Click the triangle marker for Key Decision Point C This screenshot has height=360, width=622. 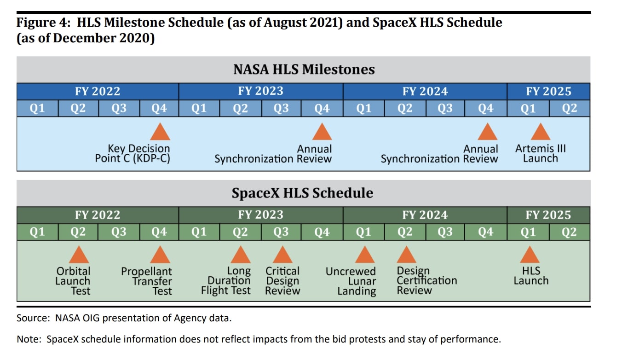[x=160, y=133]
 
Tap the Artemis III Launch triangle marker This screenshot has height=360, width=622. [x=540, y=133]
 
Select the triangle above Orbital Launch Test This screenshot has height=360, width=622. [x=79, y=255]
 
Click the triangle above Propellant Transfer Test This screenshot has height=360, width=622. [x=160, y=255]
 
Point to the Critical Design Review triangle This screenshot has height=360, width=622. [x=282, y=255]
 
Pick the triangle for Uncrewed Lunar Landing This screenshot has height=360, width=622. [x=365, y=255]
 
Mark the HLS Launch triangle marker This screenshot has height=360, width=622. [x=530, y=255]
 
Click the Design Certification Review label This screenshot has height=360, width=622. [x=426, y=281]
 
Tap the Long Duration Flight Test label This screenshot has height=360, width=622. [x=226, y=281]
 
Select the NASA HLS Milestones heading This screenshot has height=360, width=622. [x=304, y=70]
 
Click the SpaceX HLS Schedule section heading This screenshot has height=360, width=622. [x=302, y=193]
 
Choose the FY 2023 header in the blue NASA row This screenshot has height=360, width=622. [x=260, y=91]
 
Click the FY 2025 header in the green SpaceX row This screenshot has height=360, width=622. [x=548, y=215]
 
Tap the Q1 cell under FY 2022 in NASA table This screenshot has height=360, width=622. [x=37, y=109]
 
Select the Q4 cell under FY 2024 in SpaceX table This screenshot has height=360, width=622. [x=485, y=232]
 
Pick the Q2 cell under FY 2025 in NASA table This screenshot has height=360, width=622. [x=569, y=109]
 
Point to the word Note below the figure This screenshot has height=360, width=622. [x=29, y=340]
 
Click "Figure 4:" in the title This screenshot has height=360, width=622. [x=44, y=23]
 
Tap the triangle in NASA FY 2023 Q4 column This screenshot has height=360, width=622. [x=322, y=133]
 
